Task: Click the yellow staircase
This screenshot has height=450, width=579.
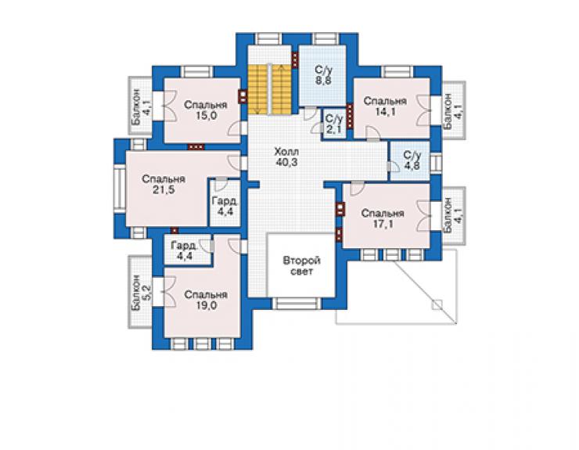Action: tap(270, 89)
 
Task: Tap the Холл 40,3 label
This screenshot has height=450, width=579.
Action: tap(286, 157)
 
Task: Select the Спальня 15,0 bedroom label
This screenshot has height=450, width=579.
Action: tap(206, 110)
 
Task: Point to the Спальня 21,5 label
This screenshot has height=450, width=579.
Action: tap(164, 185)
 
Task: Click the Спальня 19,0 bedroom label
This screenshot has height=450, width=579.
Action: tap(206, 300)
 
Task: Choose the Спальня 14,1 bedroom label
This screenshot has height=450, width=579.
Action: tap(385, 106)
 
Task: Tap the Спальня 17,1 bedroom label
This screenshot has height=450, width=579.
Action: tap(383, 218)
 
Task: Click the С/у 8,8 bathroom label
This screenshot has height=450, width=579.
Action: tap(323, 75)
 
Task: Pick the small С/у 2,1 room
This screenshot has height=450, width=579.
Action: tap(334, 124)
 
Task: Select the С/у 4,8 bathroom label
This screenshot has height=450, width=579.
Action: tap(412, 160)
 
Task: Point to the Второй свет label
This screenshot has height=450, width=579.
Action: tap(302, 266)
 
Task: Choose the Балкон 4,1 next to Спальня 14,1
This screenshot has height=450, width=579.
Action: tap(453, 110)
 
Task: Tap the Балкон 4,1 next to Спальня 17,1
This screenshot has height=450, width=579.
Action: tap(453, 215)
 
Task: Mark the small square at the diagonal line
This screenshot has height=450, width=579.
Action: tap(437, 304)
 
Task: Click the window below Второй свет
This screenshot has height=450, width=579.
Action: tap(297, 304)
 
